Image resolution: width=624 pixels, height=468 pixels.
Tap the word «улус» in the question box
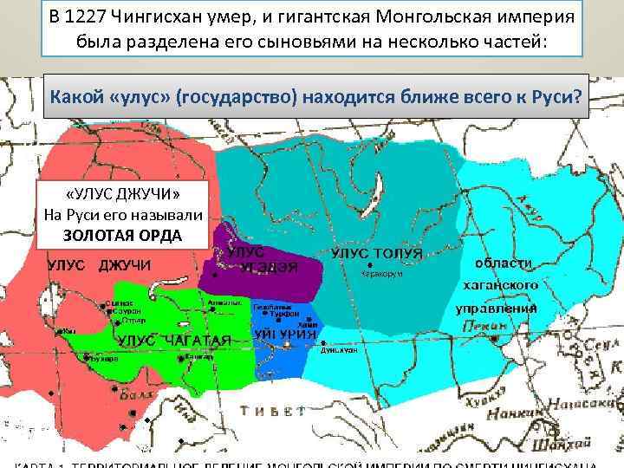click(136, 95)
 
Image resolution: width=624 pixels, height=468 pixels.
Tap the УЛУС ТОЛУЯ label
click(377, 252)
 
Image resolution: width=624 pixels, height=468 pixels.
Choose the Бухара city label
click(107, 358)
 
